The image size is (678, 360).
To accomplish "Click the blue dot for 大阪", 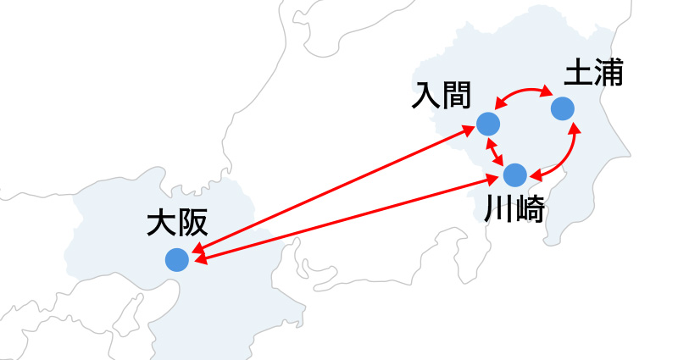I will (177, 260).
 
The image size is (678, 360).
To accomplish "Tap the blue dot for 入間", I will (487, 124).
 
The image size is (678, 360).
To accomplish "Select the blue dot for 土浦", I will (563, 109).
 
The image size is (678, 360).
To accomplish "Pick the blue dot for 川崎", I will (515, 175).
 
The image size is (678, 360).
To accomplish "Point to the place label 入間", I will (440, 94).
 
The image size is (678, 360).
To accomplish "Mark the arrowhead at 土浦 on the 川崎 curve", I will (574, 130).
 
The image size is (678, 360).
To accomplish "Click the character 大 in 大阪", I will (160, 224).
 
